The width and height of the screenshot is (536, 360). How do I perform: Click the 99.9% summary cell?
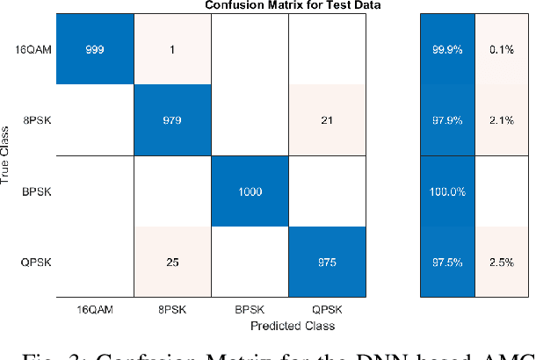pyautogui.click(x=445, y=49)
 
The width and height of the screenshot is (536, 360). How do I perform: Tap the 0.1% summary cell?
pyautogui.click(x=500, y=49)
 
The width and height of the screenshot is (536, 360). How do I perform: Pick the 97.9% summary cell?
pyautogui.click(x=445, y=120)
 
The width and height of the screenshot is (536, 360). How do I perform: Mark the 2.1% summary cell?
pyautogui.click(x=500, y=120)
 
